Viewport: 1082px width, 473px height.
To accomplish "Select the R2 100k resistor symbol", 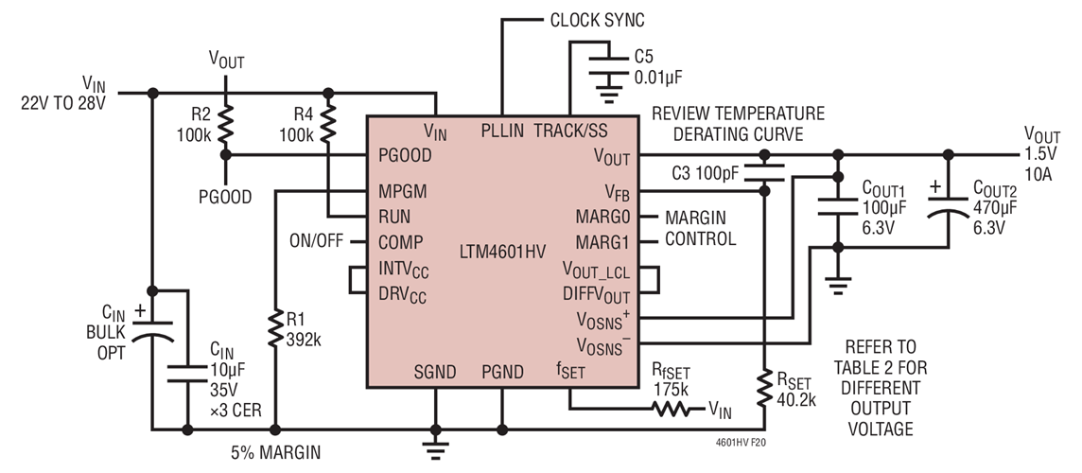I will (x=225, y=123).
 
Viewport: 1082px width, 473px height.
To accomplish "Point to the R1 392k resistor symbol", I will (x=274, y=329).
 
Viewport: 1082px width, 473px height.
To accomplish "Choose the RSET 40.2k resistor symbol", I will (x=764, y=388).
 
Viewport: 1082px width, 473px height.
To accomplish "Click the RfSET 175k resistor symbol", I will (x=673, y=410).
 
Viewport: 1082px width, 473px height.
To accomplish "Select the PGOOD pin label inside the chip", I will (x=405, y=155).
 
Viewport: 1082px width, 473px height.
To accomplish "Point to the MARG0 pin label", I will (x=604, y=217).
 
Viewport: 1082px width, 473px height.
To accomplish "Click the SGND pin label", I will (x=435, y=372).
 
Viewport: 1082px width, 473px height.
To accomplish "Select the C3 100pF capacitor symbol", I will (x=764, y=172).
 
